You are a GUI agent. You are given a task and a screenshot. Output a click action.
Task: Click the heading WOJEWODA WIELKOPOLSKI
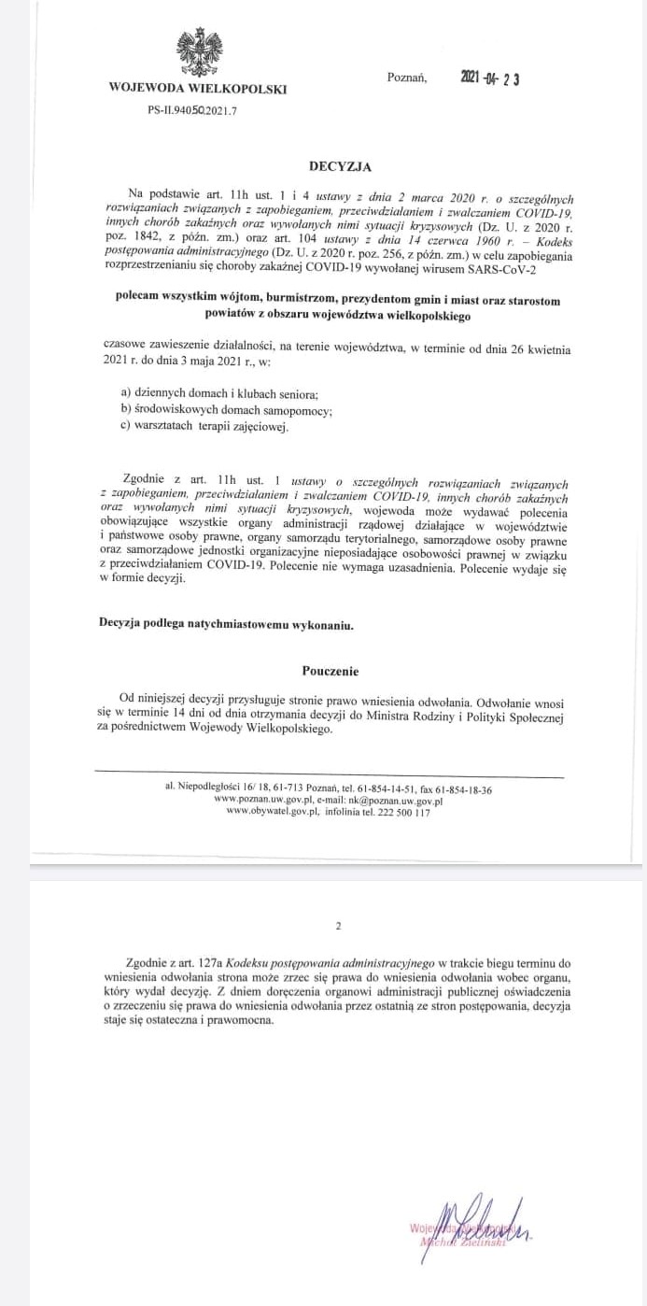pyautogui.click(x=197, y=90)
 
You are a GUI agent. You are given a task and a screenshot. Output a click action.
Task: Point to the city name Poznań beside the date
pyautogui.click(x=406, y=78)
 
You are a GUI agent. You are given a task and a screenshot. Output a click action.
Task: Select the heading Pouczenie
pyautogui.click(x=331, y=671)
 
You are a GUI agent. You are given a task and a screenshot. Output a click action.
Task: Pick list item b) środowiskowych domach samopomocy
pyautogui.click(x=227, y=410)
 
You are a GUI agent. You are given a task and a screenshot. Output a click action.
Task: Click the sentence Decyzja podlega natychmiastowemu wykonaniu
pyautogui.click(x=227, y=624)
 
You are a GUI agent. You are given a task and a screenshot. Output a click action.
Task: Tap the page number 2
pyautogui.click(x=338, y=926)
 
